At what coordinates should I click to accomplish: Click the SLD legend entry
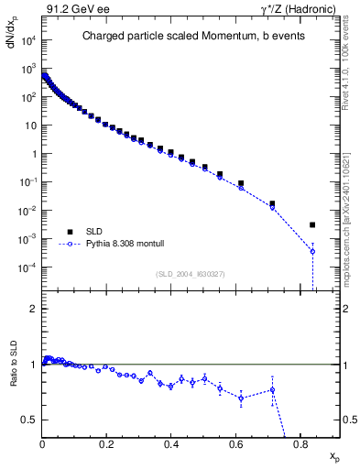tap(88, 231)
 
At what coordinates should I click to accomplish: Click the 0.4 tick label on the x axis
tap(171, 446)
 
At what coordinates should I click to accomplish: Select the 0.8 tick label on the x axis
tap(300, 446)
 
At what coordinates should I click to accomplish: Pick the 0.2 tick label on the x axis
tap(107, 446)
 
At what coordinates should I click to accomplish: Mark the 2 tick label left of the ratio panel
tap(34, 310)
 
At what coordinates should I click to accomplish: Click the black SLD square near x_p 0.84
tap(312, 224)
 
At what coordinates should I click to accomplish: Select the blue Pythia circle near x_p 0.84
tap(312, 251)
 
